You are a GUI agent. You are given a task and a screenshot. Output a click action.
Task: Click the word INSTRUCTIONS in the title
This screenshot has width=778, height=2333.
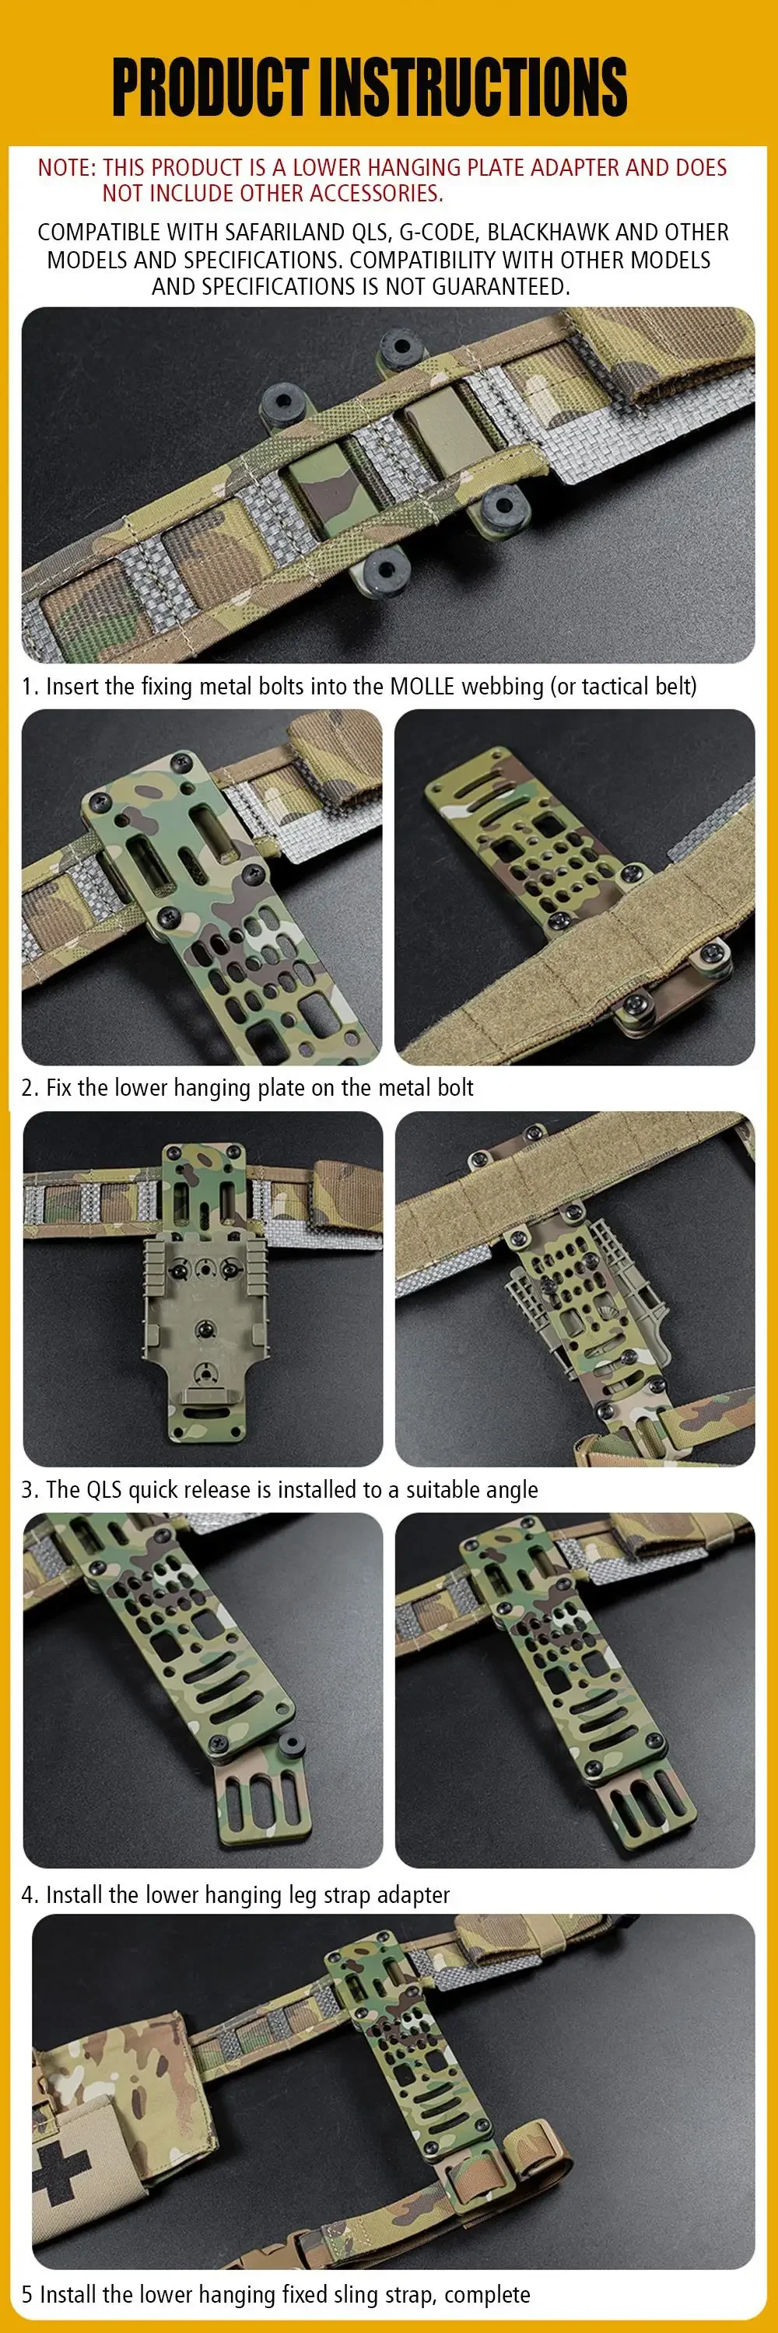click(474, 87)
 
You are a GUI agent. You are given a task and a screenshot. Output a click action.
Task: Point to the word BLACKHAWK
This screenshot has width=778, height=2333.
click(548, 233)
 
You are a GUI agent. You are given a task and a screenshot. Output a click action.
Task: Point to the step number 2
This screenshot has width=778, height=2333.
click(27, 1088)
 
